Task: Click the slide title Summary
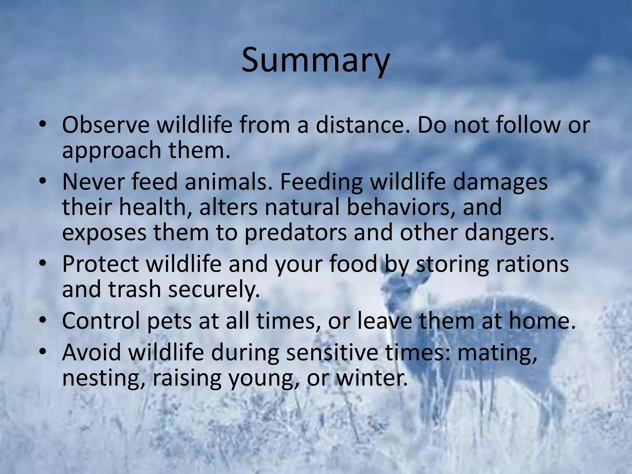point(315,60)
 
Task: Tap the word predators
point(296,233)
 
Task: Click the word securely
point(214,290)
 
